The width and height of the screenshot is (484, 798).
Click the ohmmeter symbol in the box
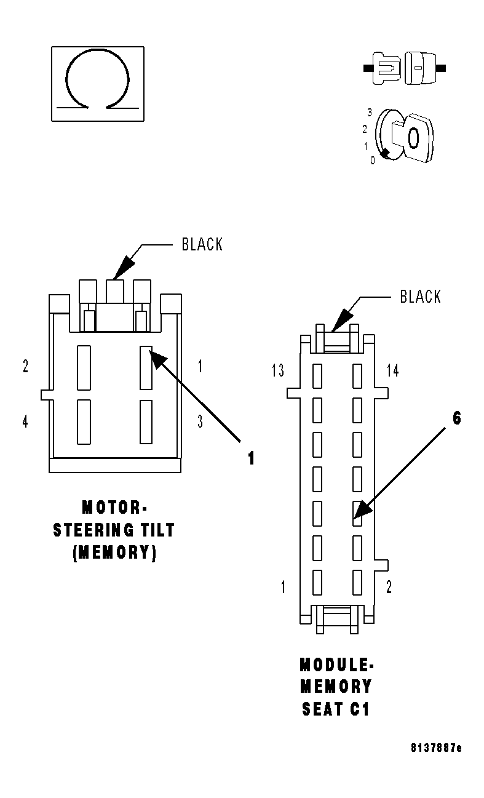tap(97, 83)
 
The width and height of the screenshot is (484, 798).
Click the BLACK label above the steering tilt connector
tap(202, 244)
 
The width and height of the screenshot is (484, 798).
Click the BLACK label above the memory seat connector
tap(420, 297)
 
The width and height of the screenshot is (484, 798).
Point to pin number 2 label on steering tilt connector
tap(25, 367)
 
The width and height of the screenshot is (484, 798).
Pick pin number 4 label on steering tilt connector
tap(25, 423)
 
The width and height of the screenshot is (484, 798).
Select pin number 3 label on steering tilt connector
tap(200, 422)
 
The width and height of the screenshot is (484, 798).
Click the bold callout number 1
tap(251, 458)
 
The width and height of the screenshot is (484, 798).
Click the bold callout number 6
tap(456, 418)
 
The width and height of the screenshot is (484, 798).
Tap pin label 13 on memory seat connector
tap(278, 370)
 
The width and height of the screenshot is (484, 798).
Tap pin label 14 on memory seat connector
tap(392, 370)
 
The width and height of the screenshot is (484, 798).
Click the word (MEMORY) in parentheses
tap(114, 552)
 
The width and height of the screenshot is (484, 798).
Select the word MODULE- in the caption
tap(336, 665)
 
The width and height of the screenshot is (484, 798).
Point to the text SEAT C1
tap(336, 709)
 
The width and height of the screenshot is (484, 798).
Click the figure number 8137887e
tap(436, 748)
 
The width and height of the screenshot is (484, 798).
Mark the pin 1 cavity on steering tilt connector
tap(146, 367)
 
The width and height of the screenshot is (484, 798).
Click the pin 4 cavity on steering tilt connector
tap(84, 421)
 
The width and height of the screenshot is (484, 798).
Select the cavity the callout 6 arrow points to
tap(357, 514)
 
